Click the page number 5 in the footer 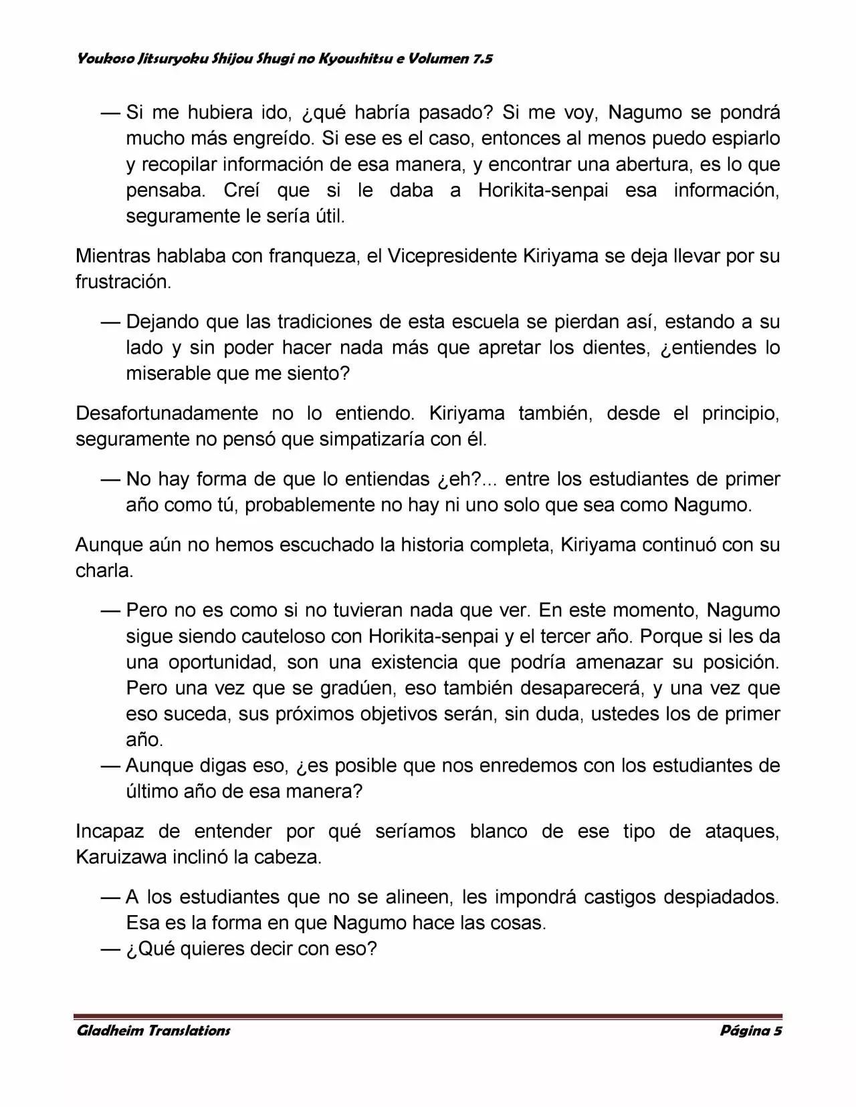click(777, 1030)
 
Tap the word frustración click(123, 282)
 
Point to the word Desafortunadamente click(167, 413)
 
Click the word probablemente click(310, 505)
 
